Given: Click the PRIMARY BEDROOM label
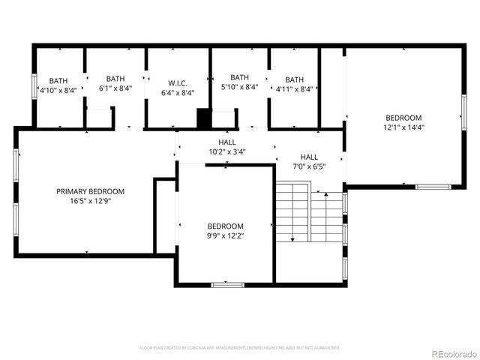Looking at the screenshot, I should [x=90, y=191].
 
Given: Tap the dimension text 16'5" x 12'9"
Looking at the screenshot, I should [x=90, y=201].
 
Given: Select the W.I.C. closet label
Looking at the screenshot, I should [x=178, y=83].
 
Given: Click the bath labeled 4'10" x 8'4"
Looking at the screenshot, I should [x=58, y=85].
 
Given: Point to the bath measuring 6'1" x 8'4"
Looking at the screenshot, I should [x=115, y=83].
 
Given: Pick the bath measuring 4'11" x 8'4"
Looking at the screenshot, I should [x=294, y=84].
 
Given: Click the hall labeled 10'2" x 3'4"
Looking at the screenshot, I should [x=226, y=146].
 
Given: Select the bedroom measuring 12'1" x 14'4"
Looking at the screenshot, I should [x=403, y=122].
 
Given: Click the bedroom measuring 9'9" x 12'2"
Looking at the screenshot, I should [x=225, y=231].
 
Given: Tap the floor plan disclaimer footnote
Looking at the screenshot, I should [x=240, y=348].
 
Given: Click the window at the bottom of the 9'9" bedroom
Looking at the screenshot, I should [x=227, y=284].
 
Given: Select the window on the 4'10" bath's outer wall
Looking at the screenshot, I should [x=33, y=87].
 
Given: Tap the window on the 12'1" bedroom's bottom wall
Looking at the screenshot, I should [x=433, y=186].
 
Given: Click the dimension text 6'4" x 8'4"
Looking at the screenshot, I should [x=178, y=93].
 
